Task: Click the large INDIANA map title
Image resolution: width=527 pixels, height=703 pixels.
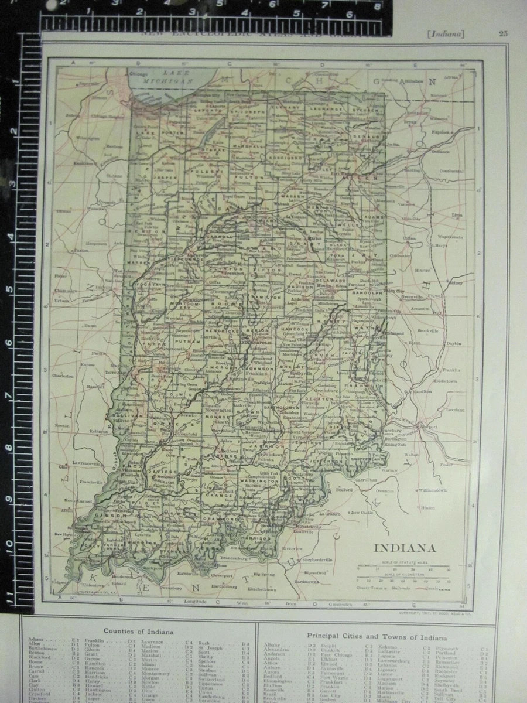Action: [405, 549]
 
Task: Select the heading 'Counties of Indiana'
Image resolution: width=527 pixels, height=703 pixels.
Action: [138, 632]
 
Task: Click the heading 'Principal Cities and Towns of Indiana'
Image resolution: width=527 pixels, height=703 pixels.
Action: [377, 637]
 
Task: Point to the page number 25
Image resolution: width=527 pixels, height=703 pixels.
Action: [502, 33]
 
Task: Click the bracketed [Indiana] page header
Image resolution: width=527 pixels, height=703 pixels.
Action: [446, 34]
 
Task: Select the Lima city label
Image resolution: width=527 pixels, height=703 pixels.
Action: [457, 215]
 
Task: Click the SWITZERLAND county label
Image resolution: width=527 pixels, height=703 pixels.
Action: [367, 460]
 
